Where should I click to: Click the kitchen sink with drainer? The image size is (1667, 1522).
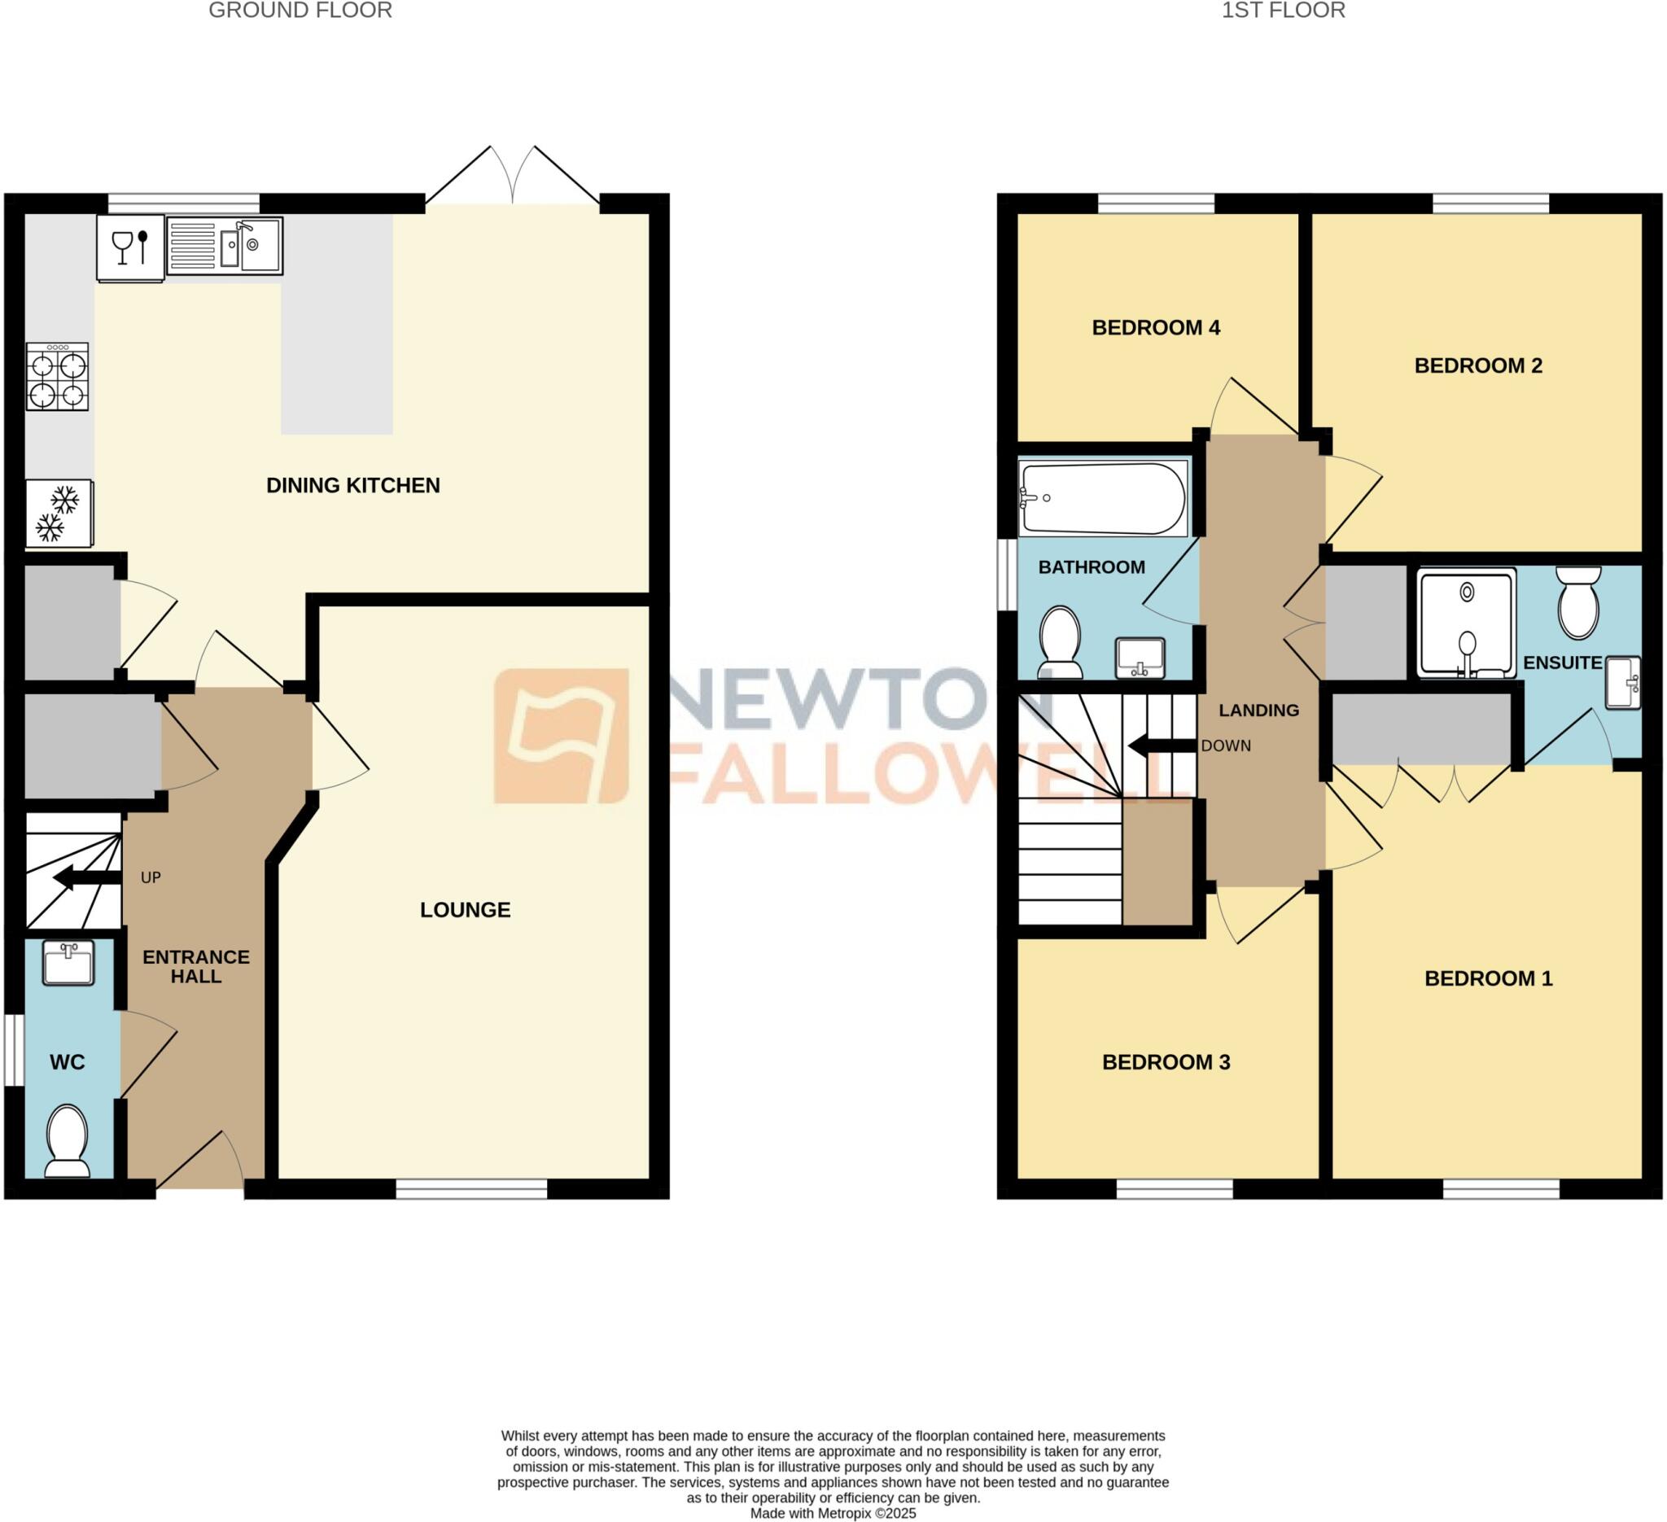coord(225,246)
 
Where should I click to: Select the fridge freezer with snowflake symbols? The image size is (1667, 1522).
coord(59,514)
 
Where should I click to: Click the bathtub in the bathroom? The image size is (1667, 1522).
coord(1103,498)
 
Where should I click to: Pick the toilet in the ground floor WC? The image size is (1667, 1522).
coord(67,1141)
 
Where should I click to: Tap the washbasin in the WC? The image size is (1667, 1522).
coord(68,963)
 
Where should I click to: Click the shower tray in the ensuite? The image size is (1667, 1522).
coord(1467,623)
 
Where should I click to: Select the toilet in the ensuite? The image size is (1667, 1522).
coord(1578,602)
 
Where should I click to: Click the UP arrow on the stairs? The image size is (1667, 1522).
coord(88,878)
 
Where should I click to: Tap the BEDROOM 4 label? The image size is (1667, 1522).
coord(1156,328)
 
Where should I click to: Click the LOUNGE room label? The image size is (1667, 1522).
coord(466,910)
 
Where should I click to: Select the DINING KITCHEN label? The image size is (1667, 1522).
coord(353,485)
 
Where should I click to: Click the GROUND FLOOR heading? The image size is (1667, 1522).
coord(300,11)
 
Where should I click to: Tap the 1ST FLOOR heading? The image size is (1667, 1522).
coord(1284,11)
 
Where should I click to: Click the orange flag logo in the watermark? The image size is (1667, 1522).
coord(562,736)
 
